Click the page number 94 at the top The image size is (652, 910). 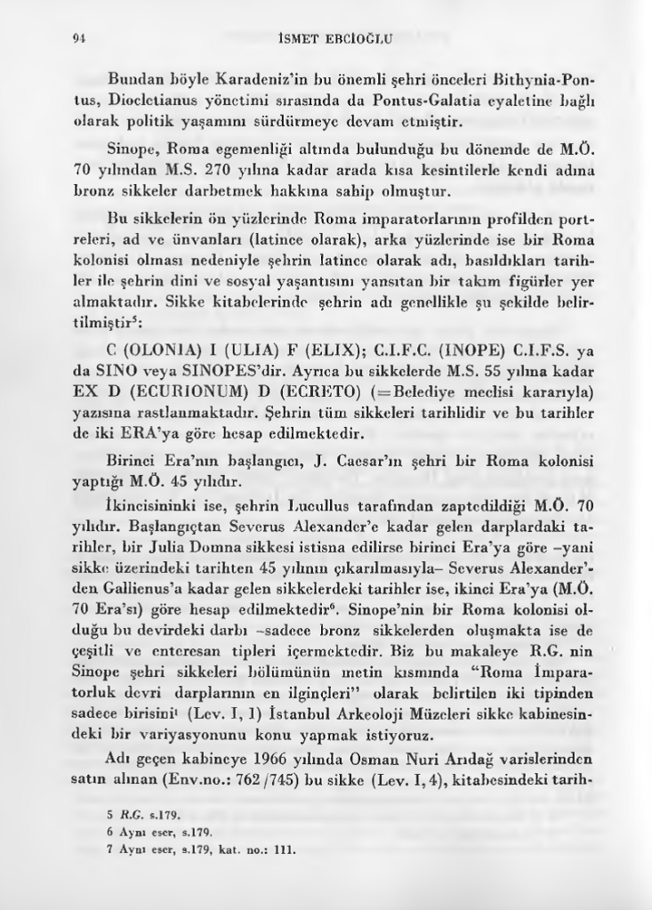click(x=77, y=38)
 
